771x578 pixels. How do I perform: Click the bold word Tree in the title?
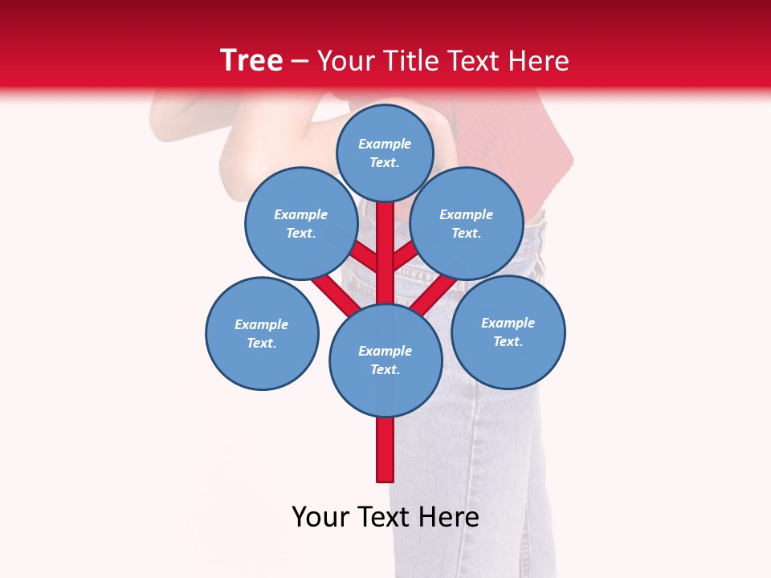251,60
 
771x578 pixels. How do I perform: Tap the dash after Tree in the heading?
300,62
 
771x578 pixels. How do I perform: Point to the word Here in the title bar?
539,61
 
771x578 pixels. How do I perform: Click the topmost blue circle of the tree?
385,153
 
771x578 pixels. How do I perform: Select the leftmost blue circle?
262,334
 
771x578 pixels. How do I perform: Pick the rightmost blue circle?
508,332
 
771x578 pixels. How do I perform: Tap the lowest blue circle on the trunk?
385,360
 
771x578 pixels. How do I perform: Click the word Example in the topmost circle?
385,144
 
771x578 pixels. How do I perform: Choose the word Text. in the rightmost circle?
508,341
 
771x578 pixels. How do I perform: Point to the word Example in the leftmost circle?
261,324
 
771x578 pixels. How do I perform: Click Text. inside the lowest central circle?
385,369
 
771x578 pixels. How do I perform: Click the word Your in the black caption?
320,517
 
